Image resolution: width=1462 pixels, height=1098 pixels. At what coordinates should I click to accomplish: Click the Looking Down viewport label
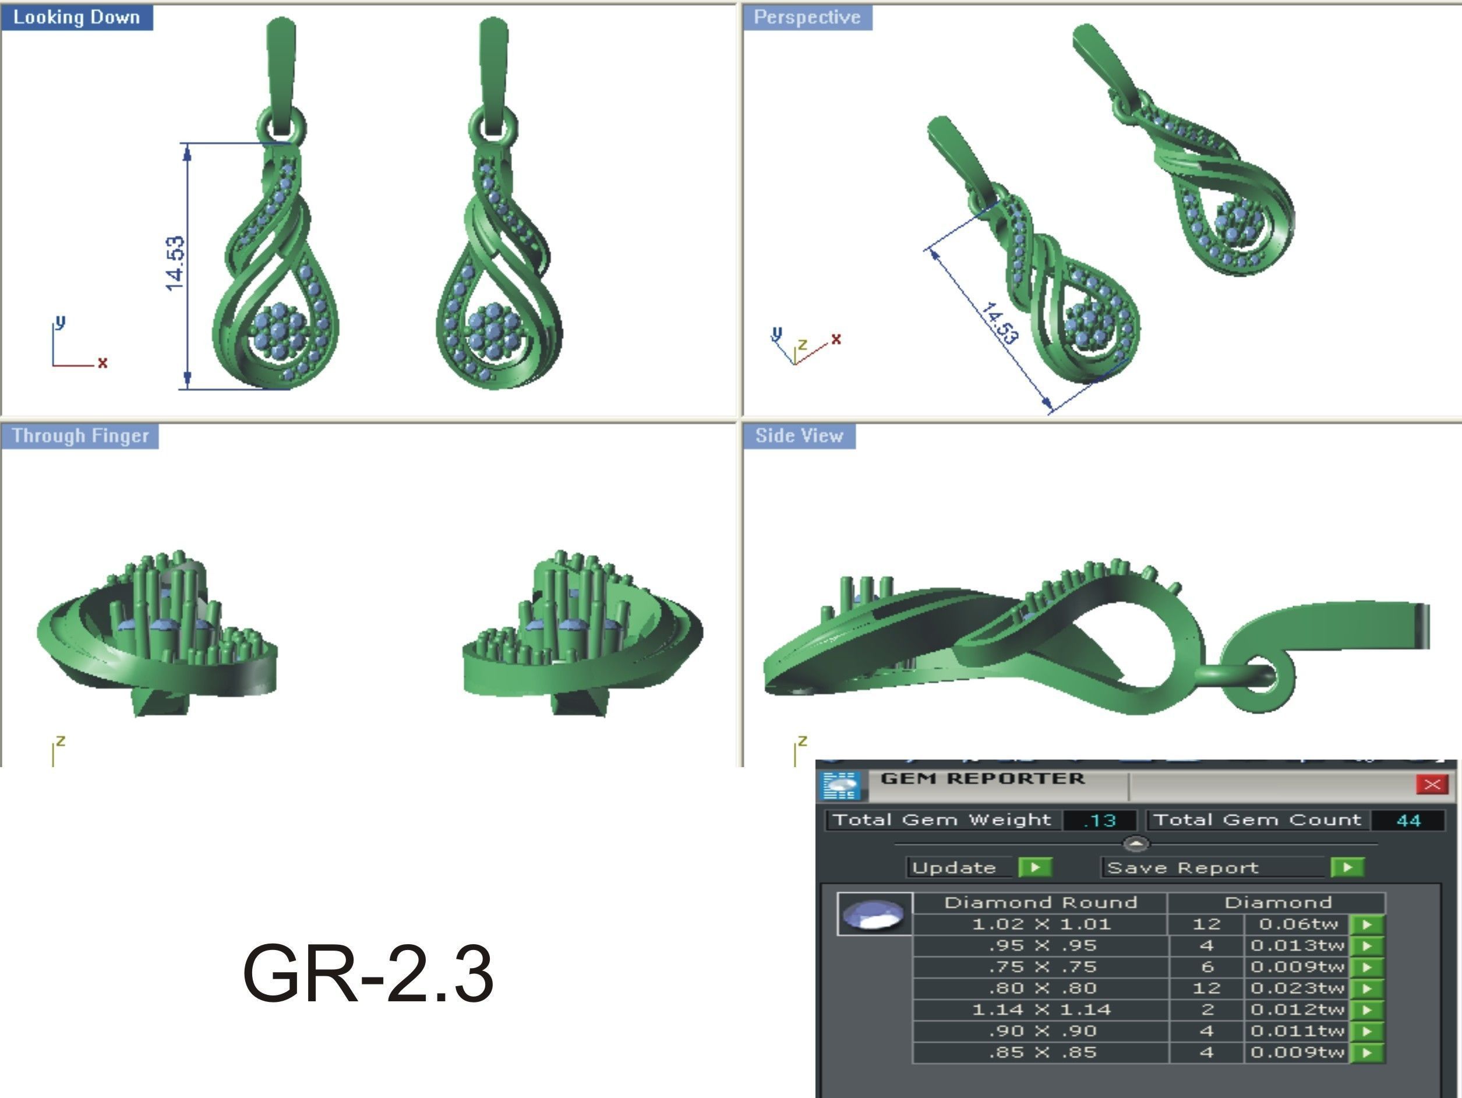[77, 17]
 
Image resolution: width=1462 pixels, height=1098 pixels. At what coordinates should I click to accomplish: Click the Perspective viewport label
[807, 17]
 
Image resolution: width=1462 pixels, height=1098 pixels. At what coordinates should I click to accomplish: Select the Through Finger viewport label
[80, 436]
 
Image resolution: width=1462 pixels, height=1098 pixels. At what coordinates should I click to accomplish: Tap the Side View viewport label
[799, 436]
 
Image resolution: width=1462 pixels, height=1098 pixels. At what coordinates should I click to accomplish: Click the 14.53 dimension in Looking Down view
[175, 263]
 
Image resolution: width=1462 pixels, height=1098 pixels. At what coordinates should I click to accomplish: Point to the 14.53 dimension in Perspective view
[1000, 323]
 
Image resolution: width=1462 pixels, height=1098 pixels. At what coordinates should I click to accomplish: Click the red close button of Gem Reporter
[1432, 785]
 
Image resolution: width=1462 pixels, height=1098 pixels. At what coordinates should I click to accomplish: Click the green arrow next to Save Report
[1347, 867]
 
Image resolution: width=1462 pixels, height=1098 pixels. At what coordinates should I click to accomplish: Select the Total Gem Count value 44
[1408, 820]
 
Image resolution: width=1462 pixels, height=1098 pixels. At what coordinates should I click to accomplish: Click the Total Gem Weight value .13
[1100, 820]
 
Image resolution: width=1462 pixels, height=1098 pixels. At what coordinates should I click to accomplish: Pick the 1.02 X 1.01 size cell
[1040, 924]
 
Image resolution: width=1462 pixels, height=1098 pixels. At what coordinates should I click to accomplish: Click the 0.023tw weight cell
[1297, 988]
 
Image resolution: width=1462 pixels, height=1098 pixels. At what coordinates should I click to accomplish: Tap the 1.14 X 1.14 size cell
[1040, 1010]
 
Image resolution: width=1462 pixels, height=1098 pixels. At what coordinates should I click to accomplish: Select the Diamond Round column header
[1040, 903]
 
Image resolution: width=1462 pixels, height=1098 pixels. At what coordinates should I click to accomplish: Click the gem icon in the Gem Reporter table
[874, 915]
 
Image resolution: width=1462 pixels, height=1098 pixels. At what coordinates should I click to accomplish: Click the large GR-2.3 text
[368, 974]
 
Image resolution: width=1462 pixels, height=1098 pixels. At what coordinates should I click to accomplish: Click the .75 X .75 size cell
[1040, 967]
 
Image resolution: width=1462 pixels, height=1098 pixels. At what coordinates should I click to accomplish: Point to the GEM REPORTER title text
[982, 779]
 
